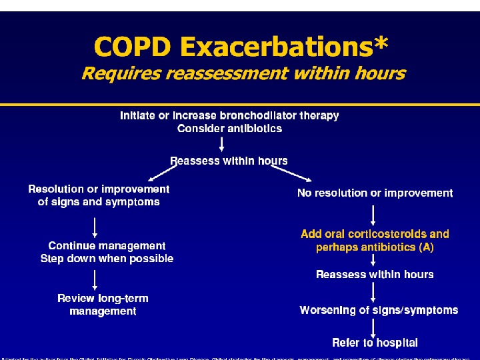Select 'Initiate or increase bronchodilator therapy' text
(229, 115)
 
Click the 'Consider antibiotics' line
(229, 129)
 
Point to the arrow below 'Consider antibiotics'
(229, 144)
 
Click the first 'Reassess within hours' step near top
(229, 161)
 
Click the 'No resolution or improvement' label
(375, 193)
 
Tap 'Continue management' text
(107, 246)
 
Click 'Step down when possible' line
(107, 259)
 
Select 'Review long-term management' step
(103, 305)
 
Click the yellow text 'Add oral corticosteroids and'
(375, 234)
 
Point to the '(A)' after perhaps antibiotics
(426, 247)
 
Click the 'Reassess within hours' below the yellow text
(375, 275)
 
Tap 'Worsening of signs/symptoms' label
(379, 310)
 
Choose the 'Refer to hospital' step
(375, 343)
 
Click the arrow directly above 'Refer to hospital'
(373, 327)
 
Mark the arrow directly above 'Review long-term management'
(95, 279)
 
